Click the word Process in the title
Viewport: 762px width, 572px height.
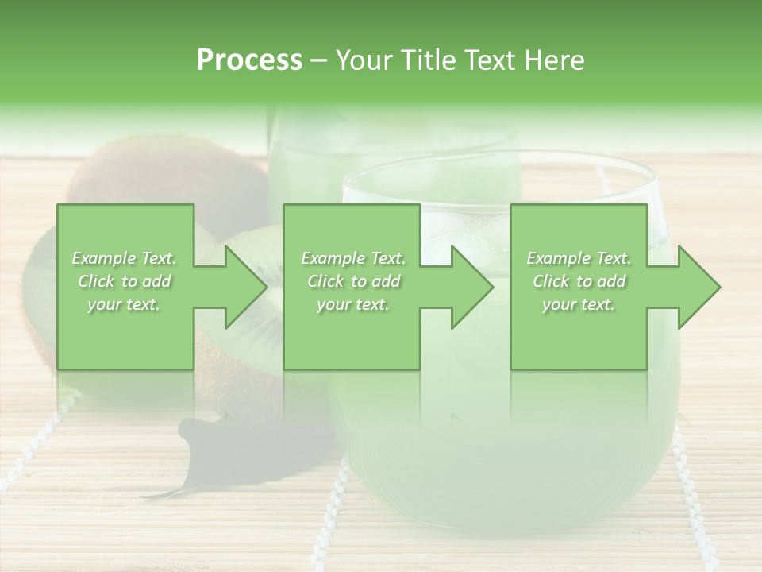[249, 60]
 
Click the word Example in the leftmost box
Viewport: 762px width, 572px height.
[103, 258]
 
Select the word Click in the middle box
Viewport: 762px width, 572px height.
[325, 281]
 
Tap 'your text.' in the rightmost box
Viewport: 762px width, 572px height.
[578, 304]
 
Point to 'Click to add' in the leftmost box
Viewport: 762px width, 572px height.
[125, 281]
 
